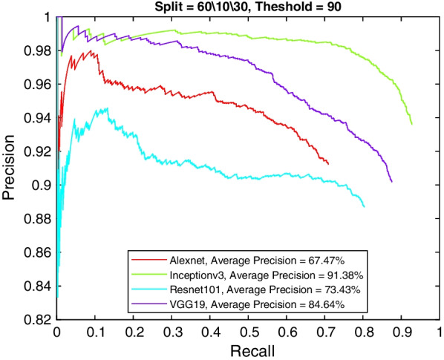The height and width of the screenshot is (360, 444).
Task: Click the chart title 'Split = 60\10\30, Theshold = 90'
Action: pos(248,7)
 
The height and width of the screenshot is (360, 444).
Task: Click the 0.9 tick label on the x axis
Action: pos(402,332)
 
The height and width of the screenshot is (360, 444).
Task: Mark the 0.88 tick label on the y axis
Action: pos(41,218)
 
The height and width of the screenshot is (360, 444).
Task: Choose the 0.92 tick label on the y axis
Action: pos(41,151)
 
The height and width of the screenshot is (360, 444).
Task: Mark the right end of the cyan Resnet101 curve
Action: pos(365,206)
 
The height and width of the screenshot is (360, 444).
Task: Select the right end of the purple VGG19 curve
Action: pos(391,182)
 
